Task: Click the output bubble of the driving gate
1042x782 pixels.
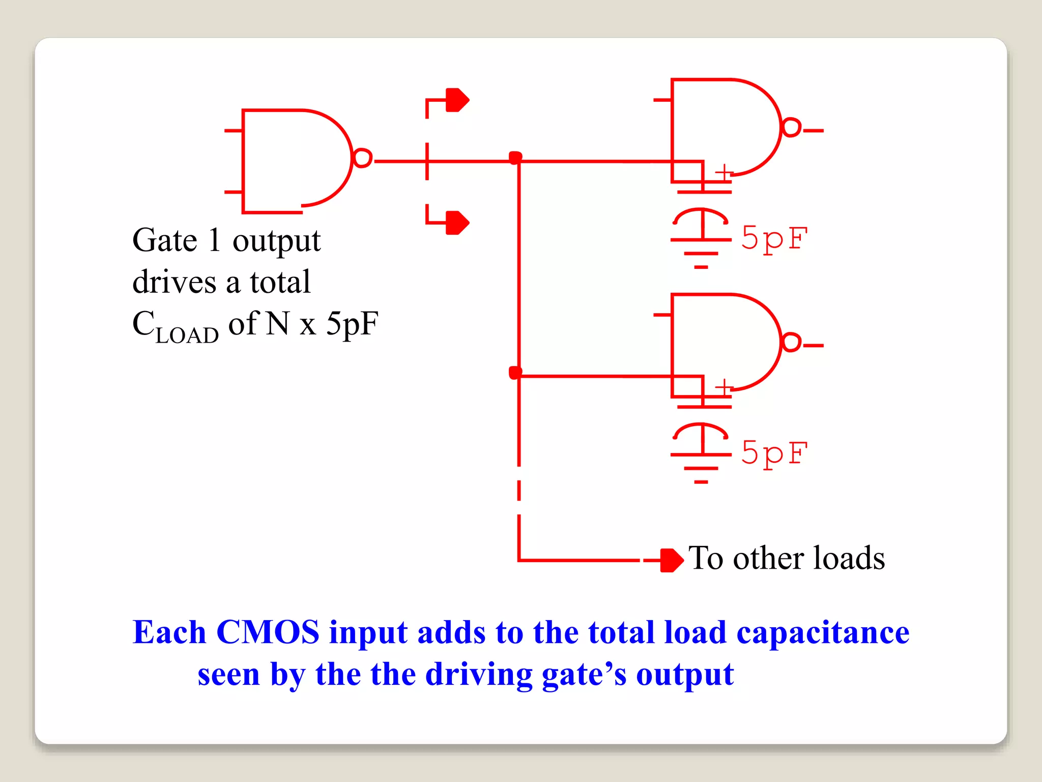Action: click(x=362, y=158)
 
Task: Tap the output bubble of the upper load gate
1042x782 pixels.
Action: click(x=791, y=127)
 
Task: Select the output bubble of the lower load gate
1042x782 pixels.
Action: click(x=791, y=342)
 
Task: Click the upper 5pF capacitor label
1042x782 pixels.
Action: click(x=774, y=238)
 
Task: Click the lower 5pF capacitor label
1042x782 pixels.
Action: click(x=774, y=453)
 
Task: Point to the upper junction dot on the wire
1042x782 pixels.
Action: click(x=515, y=157)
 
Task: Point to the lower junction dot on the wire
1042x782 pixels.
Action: click(x=515, y=373)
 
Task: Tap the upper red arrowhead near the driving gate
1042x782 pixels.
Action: click(x=457, y=100)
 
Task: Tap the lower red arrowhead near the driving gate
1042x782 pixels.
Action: click(x=457, y=222)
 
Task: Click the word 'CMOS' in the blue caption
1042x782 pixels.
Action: click(x=268, y=632)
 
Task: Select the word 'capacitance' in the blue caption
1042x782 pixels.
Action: click(x=823, y=632)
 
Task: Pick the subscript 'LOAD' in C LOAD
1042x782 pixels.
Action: click(x=187, y=336)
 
